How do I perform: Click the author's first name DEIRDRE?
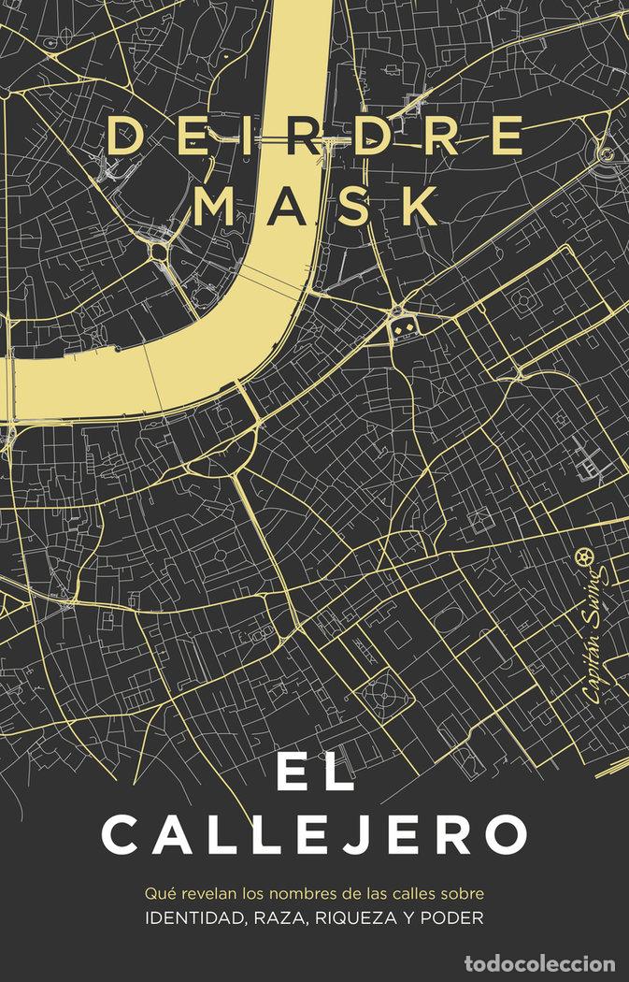coord(314,137)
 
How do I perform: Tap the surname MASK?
coord(314,205)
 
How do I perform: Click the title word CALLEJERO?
coord(315,834)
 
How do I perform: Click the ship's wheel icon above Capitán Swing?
coord(589,557)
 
